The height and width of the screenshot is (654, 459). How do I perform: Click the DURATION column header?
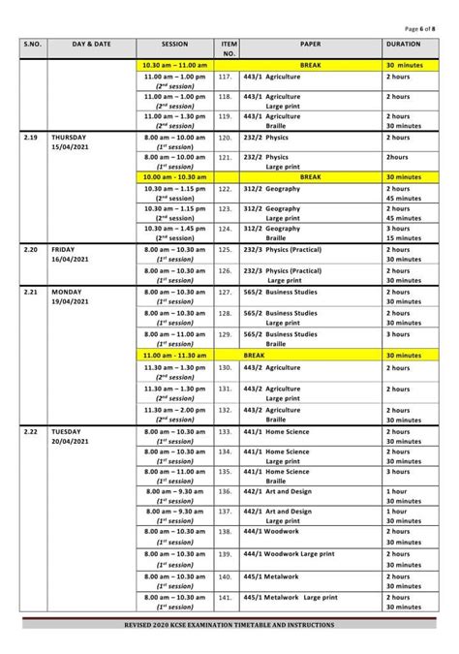[402, 45]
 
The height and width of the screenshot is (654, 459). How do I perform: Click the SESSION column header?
[174, 45]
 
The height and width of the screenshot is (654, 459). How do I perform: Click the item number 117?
[226, 76]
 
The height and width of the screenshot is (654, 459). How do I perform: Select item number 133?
[226, 430]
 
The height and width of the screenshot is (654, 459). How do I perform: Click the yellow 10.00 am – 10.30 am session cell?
[174, 177]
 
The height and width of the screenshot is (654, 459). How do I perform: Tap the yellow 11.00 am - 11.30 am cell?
[174, 356]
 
